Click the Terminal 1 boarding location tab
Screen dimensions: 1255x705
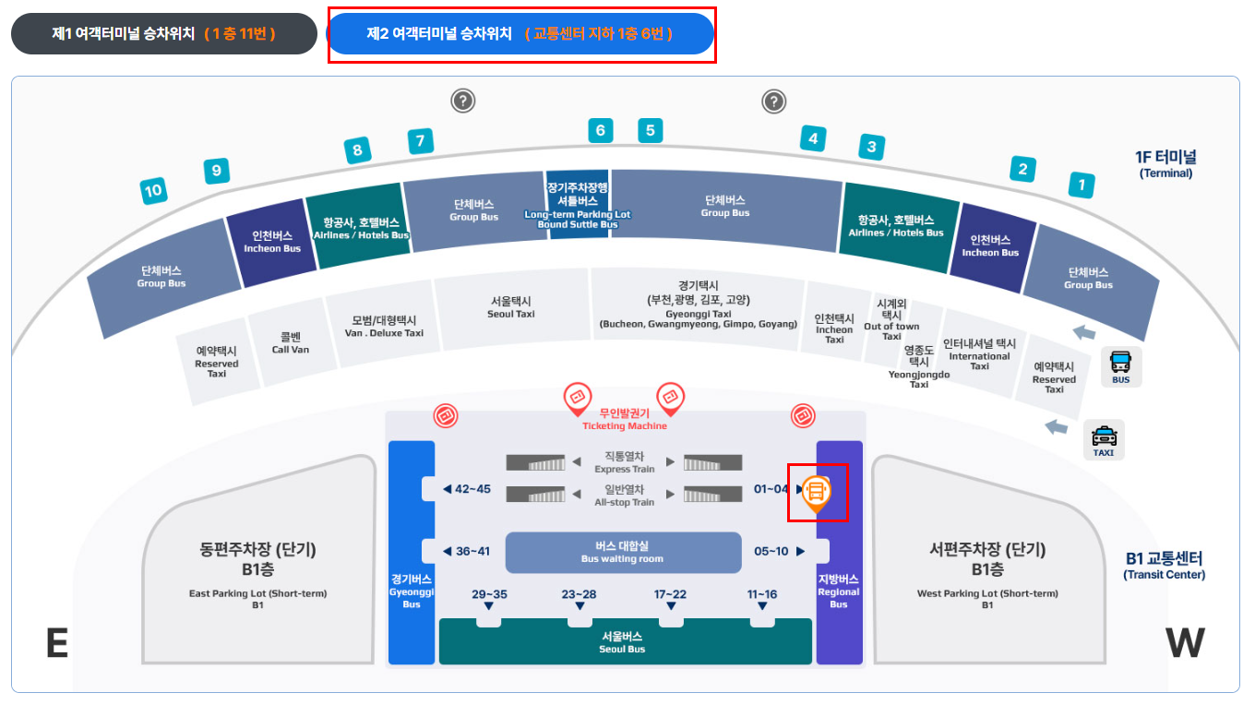[163, 34]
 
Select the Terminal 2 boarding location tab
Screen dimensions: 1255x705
[520, 34]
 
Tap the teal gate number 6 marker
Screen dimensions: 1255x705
[600, 130]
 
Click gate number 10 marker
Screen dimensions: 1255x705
[153, 191]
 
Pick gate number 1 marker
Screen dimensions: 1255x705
[1082, 185]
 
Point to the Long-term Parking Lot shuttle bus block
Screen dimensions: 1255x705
[578, 205]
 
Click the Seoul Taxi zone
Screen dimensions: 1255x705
[511, 307]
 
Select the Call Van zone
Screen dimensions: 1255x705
[291, 343]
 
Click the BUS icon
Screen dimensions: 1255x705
[1120, 366]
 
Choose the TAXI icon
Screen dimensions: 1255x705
[1104, 440]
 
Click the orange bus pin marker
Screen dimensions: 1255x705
[816, 492]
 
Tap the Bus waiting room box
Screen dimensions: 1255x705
[623, 552]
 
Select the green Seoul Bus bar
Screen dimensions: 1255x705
[624, 641]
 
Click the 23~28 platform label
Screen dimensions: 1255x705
[580, 595]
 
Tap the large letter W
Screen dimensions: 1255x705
[1185, 643]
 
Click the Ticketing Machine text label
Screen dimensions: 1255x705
[624, 420]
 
